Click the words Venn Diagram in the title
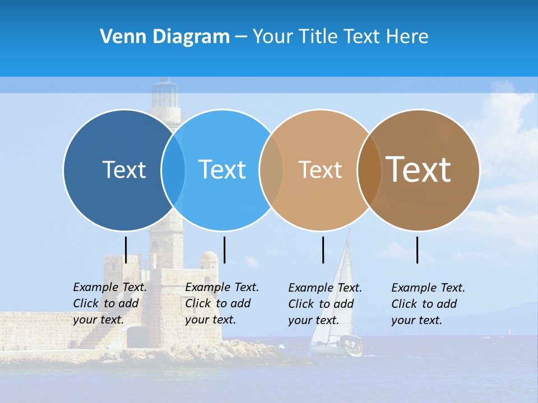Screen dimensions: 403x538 (x=165, y=37)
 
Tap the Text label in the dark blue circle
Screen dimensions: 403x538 (x=124, y=170)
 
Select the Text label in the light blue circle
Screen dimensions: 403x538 (x=222, y=170)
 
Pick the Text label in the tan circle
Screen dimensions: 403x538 (x=320, y=170)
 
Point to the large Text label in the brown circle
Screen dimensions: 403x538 (x=419, y=170)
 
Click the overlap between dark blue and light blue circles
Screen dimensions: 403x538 (x=173, y=170)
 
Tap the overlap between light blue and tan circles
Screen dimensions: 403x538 (x=271, y=170)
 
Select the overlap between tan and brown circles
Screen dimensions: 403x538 (x=369, y=170)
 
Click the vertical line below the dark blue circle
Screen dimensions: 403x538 (x=126, y=250)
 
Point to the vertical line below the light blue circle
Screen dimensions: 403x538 (x=224, y=250)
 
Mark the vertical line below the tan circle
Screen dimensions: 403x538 (x=323, y=250)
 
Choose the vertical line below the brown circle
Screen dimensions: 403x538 (x=417, y=250)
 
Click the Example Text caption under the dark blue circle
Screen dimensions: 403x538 (x=110, y=303)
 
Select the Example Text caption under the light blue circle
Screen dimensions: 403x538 (x=222, y=303)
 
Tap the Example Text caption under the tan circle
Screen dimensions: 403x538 (x=325, y=304)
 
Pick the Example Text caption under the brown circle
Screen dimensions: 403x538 (x=428, y=304)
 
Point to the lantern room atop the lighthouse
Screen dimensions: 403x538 (x=165, y=94)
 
